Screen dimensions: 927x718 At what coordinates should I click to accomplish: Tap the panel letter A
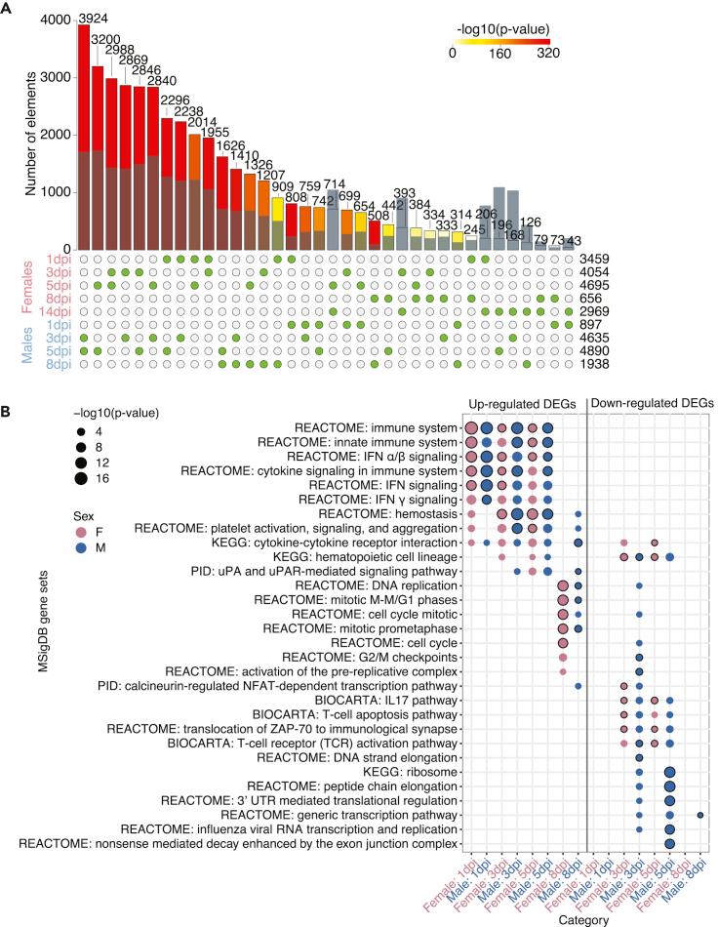tap(9, 9)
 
